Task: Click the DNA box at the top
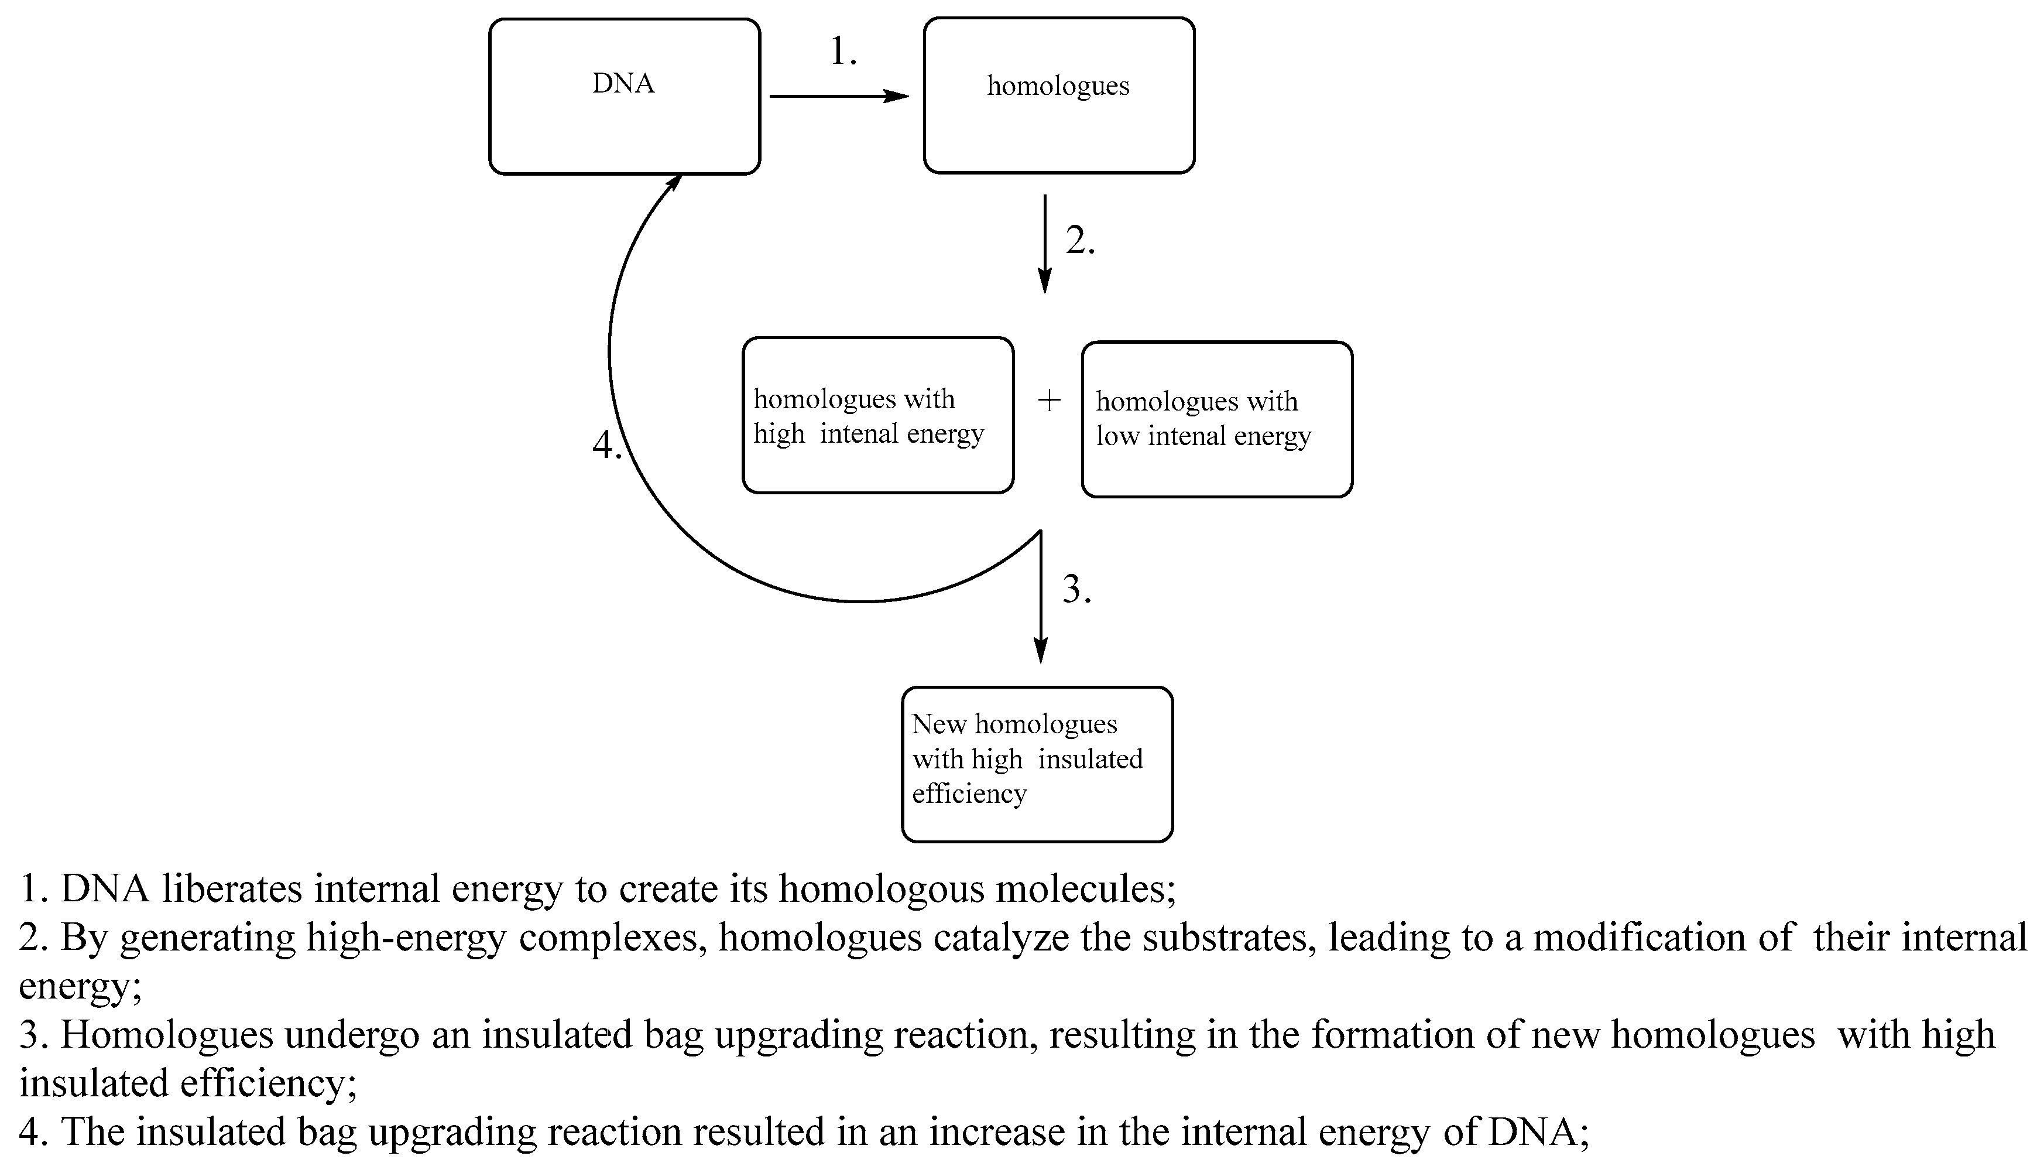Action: click(x=625, y=96)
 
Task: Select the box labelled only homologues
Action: click(x=1058, y=96)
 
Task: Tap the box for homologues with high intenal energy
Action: click(x=878, y=415)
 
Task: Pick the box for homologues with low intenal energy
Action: click(x=1216, y=420)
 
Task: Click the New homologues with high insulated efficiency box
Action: click(x=1037, y=764)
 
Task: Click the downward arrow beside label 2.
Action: click(x=1044, y=244)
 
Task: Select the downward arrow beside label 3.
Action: click(x=1041, y=597)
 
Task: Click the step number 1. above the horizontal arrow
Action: click(x=843, y=52)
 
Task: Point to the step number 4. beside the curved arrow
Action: click(x=606, y=444)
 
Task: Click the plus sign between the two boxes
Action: click(x=1048, y=401)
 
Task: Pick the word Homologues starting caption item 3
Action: click(x=166, y=1035)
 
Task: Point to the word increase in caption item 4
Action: click(x=996, y=1131)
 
